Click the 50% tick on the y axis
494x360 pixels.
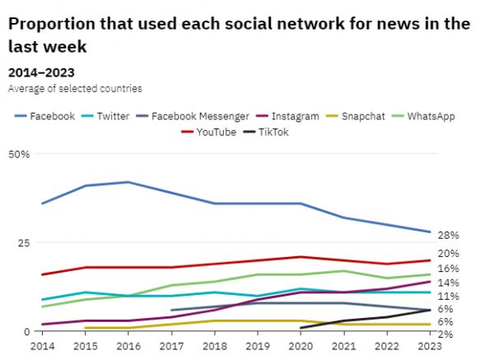pos(20,154)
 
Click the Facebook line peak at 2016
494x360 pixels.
pos(128,182)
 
